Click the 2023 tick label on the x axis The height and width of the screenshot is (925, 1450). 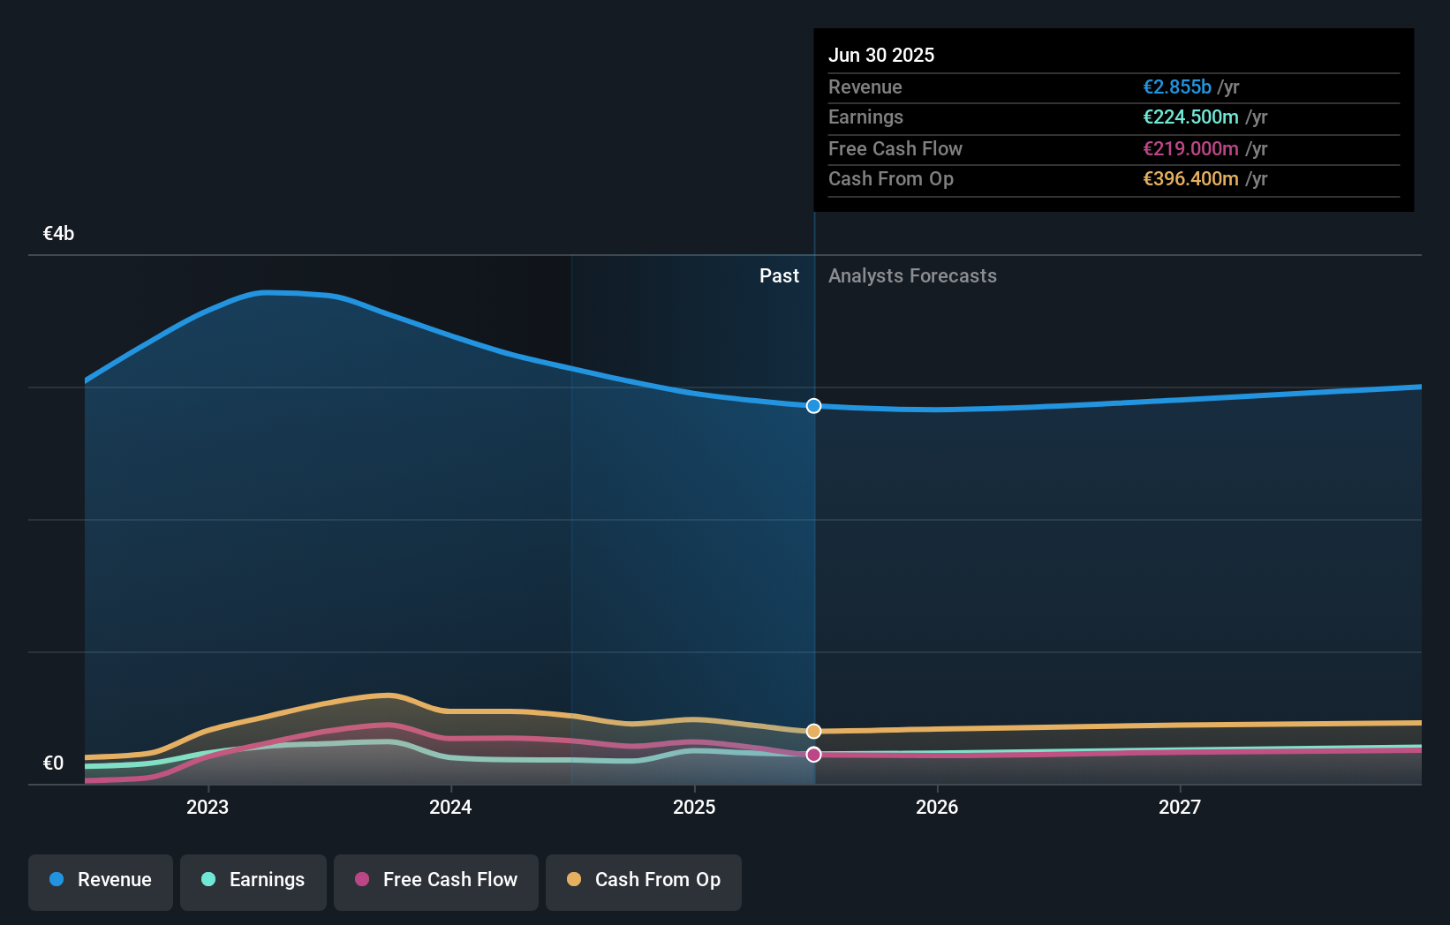(x=208, y=807)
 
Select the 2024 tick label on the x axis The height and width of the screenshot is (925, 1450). (x=450, y=807)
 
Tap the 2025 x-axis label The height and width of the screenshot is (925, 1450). (x=694, y=807)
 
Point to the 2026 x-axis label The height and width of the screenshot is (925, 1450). (x=937, y=807)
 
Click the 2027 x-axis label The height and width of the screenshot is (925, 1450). (x=1180, y=807)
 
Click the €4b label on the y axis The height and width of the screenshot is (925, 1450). (x=58, y=234)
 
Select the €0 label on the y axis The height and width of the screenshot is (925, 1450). (x=53, y=763)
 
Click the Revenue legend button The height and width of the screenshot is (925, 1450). (x=101, y=880)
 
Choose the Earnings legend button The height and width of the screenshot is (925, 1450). (x=253, y=880)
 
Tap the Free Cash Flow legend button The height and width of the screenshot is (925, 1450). (x=436, y=880)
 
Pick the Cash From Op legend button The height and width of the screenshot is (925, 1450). (x=644, y=880)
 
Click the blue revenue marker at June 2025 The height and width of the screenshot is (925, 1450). (x=814, y=406)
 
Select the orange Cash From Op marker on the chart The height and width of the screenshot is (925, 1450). (x=814, y=731)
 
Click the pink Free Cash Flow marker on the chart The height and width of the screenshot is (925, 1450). (x=814, y=755)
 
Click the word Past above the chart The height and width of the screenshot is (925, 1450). (x=779, y=276)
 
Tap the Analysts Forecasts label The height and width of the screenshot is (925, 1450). (x=912, y=276)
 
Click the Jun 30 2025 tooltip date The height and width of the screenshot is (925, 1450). (x=881, y=55)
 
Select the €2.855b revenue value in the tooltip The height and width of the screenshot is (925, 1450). (x=1177, y=86)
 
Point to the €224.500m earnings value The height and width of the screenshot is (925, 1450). (x=1190, y=117)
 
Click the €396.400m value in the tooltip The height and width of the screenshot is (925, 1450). (x=1190, y=179)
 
